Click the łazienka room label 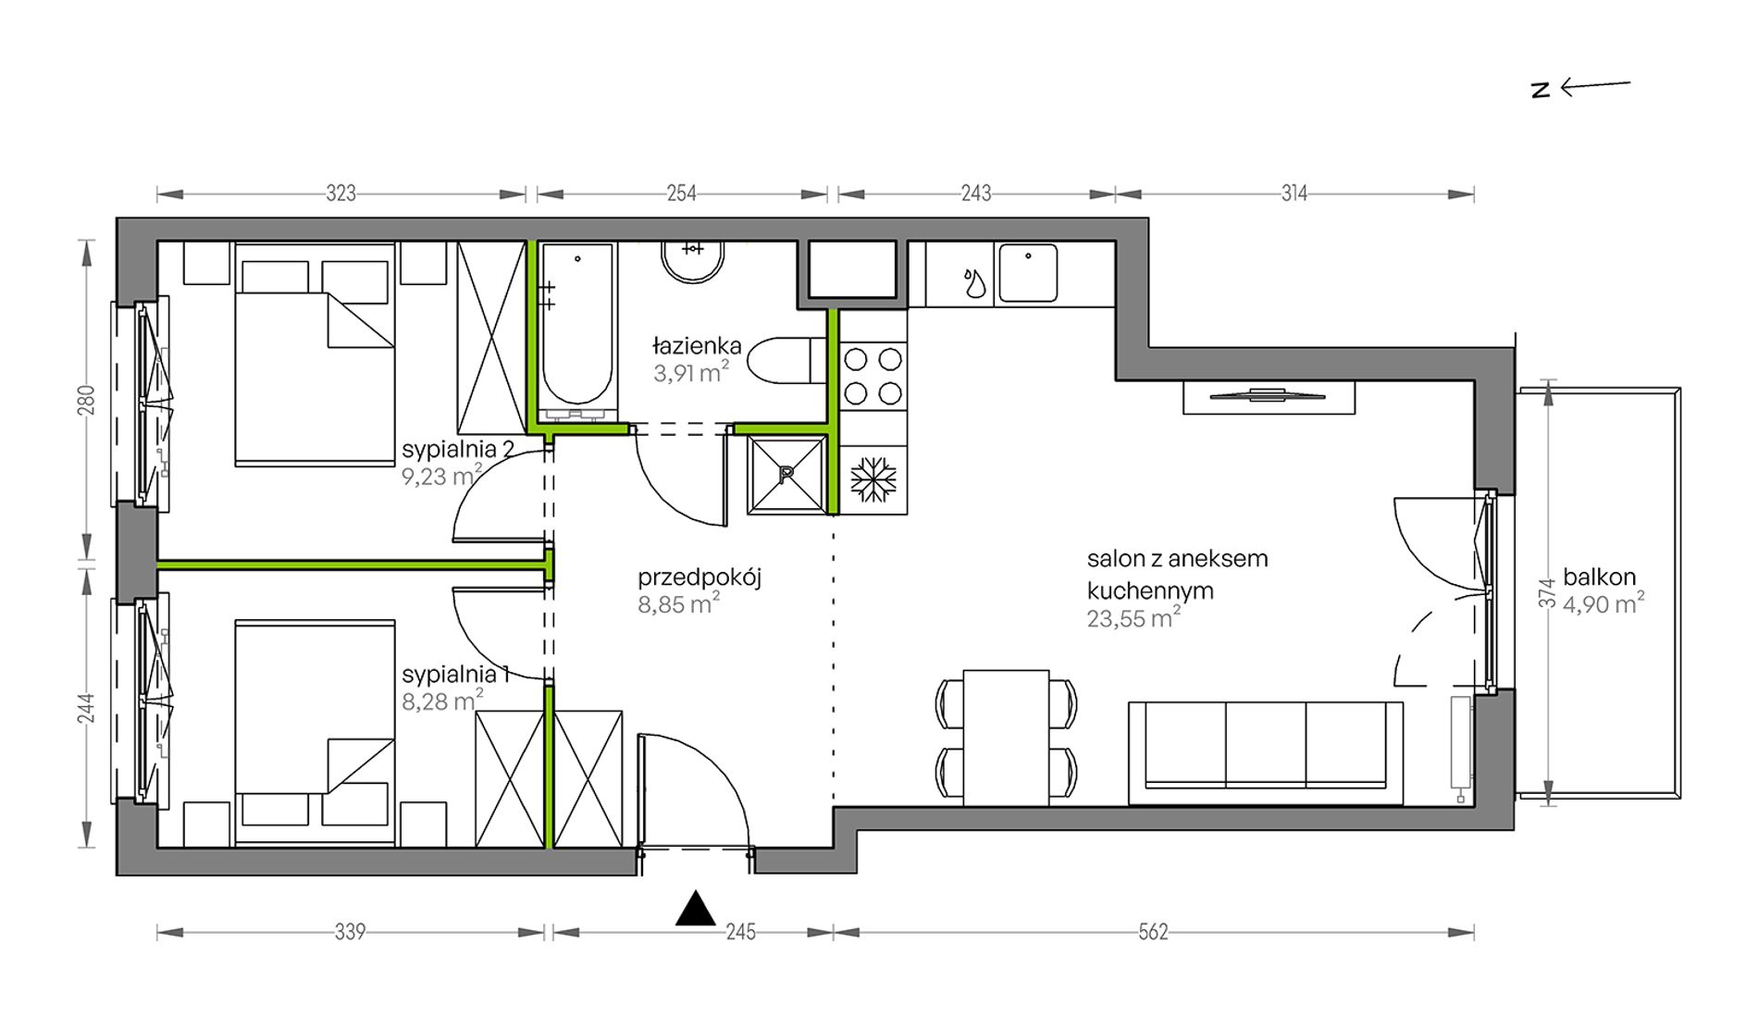[697, 346]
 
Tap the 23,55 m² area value [1133, 618]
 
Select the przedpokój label [699, 578]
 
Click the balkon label [1600, 577]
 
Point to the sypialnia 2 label [458, 450]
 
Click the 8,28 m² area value [442, 701]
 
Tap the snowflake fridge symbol [873, 478]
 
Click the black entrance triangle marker [696, 909]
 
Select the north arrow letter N [1541, 90]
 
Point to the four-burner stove [873, 376]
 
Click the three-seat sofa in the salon [1266, 752]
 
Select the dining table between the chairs [1006, 738]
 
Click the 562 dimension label [1153, 932]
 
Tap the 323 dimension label [341, 193]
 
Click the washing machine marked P [786, 474]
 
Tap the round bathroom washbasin [693, 260]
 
